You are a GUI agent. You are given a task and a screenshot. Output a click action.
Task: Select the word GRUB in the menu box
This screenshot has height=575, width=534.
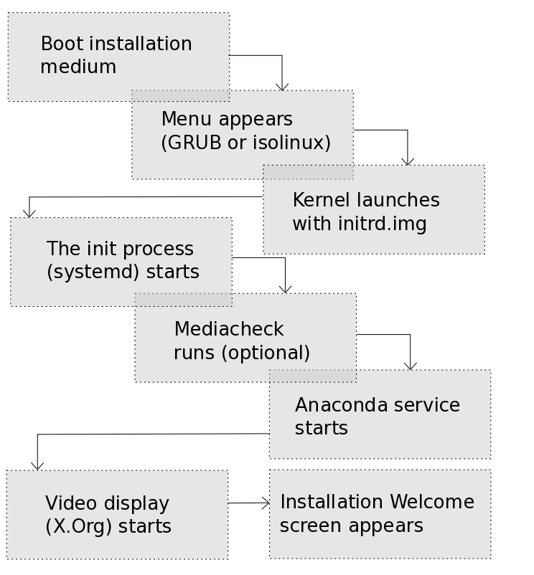tap(193, 143)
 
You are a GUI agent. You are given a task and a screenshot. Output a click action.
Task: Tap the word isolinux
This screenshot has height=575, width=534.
tap(290, 143)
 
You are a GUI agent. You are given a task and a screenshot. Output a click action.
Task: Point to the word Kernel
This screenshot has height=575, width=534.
tap(321, 200)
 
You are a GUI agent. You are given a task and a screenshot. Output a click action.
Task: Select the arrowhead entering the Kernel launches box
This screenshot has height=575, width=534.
tap(408, 161)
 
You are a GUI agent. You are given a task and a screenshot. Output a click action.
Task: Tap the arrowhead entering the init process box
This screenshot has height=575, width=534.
tap(29, 213)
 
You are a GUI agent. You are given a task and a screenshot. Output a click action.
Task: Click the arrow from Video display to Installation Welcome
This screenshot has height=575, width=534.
tap(248, 503)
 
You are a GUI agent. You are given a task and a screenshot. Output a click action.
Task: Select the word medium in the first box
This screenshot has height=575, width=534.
tap(78, 67)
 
